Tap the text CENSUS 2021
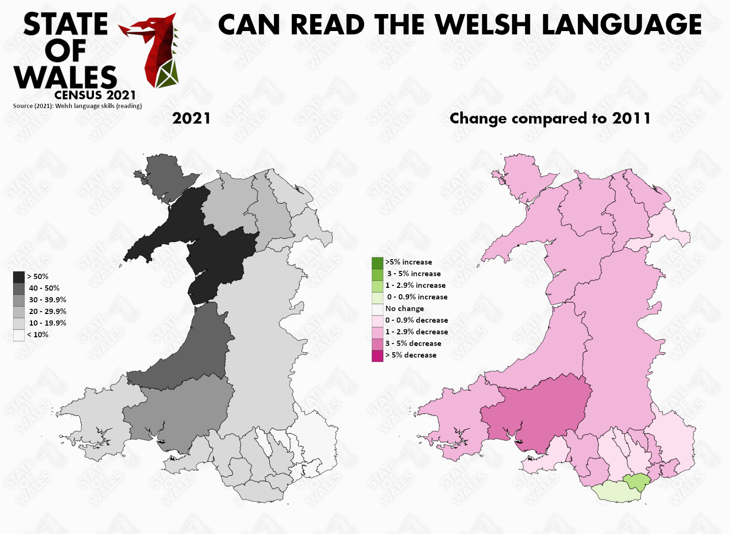coord(95,94)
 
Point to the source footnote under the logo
coord(77,106)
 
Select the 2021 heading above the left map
coord(191,118)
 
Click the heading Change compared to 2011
coord(550,118)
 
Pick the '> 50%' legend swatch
coord(19,277)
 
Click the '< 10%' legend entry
coord(37,335)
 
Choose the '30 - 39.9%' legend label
coord(47,300)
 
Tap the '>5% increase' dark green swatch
coord(377,262)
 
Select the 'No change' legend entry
coord(404,309)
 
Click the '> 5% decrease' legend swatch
coord(377,355)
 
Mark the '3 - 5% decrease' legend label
coord(413,344)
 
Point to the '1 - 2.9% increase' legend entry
coord(415,285)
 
